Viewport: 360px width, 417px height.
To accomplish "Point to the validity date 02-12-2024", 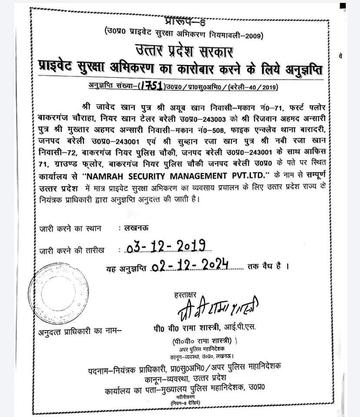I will (x=191, y=265).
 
